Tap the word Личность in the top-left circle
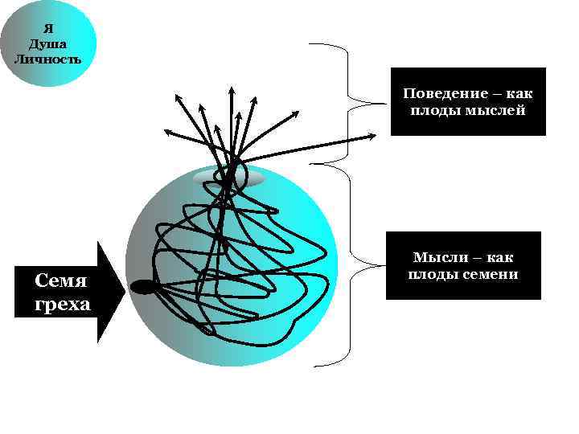tap(47, 59)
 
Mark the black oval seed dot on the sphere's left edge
tap(142, 286)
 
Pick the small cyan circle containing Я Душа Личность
tap(48, 42)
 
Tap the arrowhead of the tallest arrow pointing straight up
tap(231, 88)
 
